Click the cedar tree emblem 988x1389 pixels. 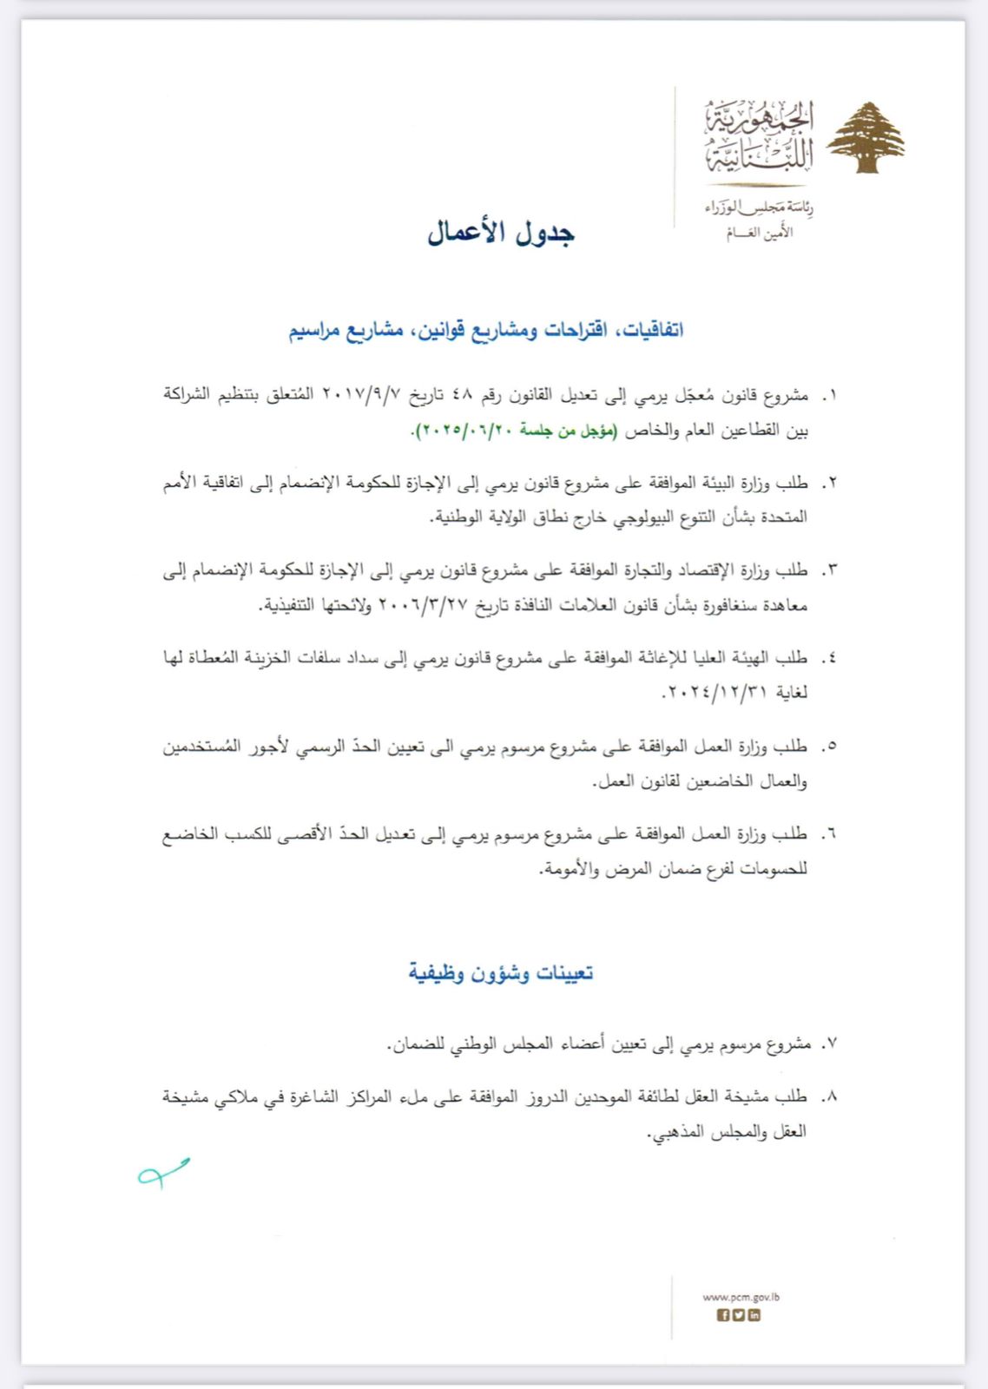click(x=865, y=137)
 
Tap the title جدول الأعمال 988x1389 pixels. click(x=501, y=233)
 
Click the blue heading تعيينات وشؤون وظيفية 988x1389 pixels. click(x=501, y=972)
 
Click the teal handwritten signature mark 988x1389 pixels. click(x=163, y=1173)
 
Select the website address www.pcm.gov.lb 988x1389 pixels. click(x=741, y=1297)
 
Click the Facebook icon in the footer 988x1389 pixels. click(x=723, y=1315)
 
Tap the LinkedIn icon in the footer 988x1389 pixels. click(x=754, y=1315)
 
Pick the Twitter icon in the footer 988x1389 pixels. click(x=739, y=1315)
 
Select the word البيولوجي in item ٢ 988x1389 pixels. click(x=618, y=517)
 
